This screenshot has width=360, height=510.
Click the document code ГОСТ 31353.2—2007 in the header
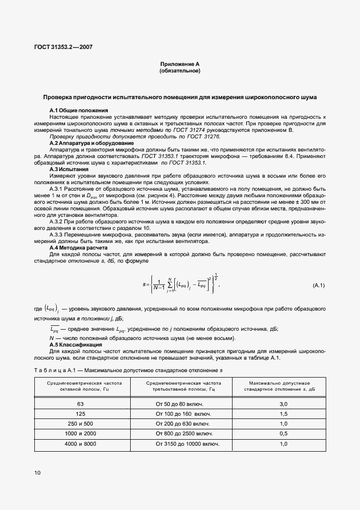tap(64, 47)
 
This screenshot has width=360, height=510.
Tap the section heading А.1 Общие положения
tap(78, 111)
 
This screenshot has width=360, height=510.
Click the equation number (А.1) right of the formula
tap(318, 286)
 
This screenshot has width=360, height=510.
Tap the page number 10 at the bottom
tap(37, 472)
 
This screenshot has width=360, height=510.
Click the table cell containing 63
tap(81, 404)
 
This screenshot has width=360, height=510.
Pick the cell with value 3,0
tap(283, 404)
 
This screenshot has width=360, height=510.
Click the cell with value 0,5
tap(283, 433)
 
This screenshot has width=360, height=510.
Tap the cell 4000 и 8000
tap(81, 444)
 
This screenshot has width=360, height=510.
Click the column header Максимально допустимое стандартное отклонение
tap(283, 386)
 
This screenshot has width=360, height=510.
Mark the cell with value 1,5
tap(283, 414)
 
